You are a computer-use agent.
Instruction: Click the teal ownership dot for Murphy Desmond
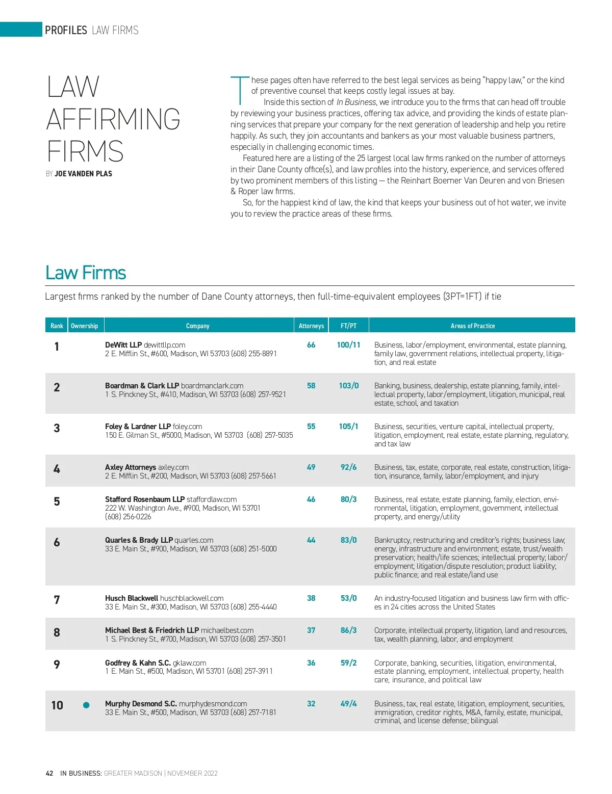[x=86, y=705]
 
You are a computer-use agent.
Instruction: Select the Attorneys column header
[x=311, y=326]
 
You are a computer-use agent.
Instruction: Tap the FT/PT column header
[x=349, y=326]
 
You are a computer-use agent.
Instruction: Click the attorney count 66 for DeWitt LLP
[x=311, y=345]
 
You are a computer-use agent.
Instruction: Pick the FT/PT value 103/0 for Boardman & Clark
[x=349, y=386]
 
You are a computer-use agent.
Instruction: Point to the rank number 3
[x=57, y=428]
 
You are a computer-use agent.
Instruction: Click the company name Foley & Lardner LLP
[x=138, y=427]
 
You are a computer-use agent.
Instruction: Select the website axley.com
[x=173, y=467]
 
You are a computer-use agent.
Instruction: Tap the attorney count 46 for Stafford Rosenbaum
[x=311, y=499]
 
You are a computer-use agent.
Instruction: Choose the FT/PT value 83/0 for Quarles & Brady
[x=349, y=540]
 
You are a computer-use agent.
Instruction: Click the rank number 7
[x=57, y=600]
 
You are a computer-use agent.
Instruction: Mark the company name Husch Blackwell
[x=132, y=598]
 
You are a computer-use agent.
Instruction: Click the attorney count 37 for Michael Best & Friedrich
[x=311, y=630]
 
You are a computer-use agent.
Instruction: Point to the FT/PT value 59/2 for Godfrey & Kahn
[x=349, y=663]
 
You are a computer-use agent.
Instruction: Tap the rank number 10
[x=57, y=705]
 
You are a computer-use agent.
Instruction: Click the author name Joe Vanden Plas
[x=83, y=174]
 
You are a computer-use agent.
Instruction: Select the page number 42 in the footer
[x=49, y=773]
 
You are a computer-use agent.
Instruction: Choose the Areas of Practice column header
[x=472, y=326]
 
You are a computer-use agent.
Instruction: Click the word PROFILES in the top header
[x=66, y=30]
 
